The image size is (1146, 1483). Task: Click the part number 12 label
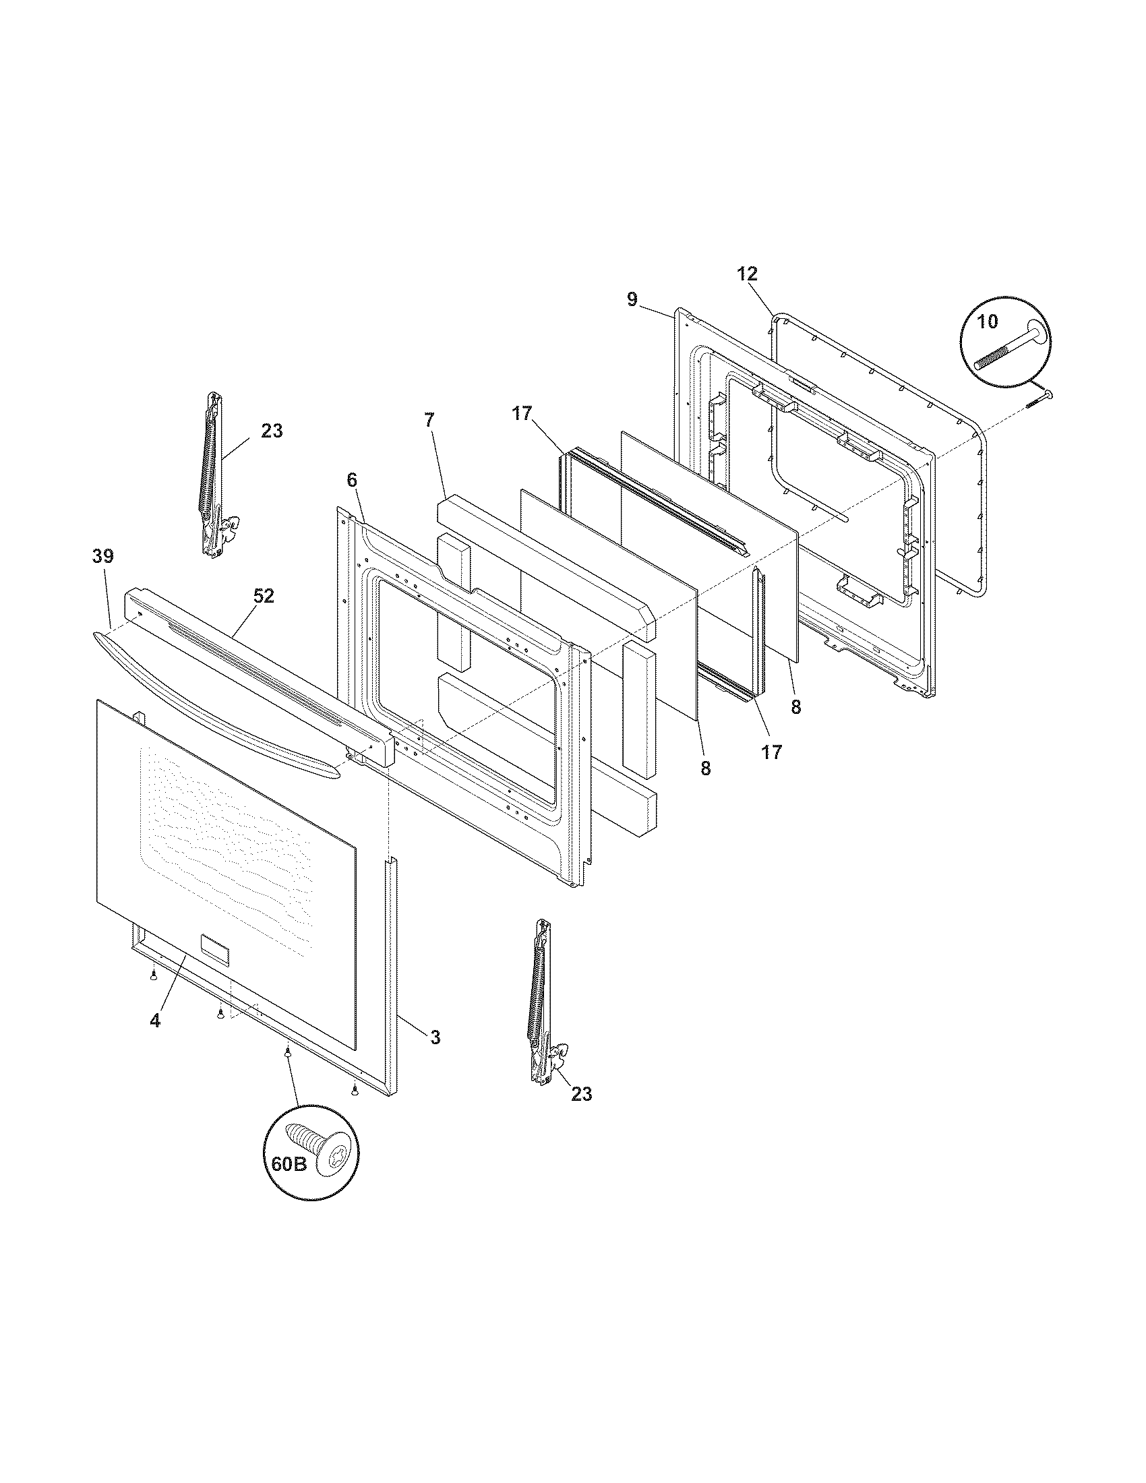[x=747, y=274]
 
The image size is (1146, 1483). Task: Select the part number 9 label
[x=632, y=299]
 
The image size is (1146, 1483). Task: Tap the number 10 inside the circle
[x=988, y=321]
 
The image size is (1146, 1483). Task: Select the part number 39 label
[x=103, y=556]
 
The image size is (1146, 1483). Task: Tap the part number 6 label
[x=351, y=480]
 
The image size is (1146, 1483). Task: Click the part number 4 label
[x=155, y=1020]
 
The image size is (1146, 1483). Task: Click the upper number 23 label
[x=272, y=431]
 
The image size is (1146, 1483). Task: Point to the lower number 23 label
[x=581, y=1094]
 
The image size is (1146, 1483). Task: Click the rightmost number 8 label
[x=795, y=707]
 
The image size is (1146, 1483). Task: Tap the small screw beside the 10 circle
[x=1039, y=398]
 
